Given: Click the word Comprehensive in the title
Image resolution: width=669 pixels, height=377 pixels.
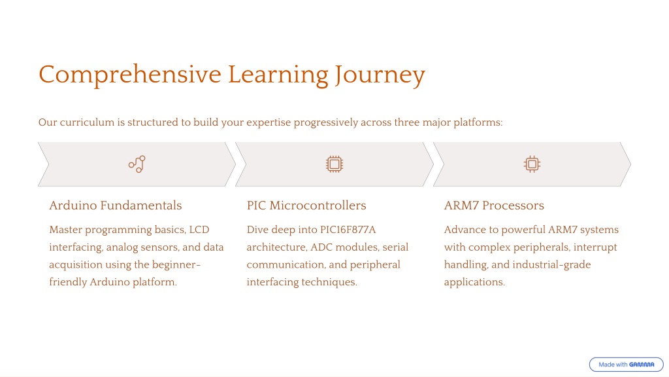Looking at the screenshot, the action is click(130, 75).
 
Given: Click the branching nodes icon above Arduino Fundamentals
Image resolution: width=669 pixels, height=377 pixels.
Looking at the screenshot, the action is click(137, 164).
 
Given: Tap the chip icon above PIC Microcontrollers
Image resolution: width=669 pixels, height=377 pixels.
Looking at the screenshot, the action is click(334, 164).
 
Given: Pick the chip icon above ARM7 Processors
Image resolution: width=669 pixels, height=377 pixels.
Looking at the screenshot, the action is click(532, 164).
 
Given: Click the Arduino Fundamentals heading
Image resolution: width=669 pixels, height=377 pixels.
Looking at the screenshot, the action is click(115, 206).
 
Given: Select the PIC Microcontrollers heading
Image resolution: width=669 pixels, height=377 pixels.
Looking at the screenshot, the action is click(306, 206).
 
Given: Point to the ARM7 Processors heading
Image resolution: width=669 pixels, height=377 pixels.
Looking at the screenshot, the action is click(494, 206).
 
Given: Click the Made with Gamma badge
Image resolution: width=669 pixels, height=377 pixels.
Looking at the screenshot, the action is click(627, 365).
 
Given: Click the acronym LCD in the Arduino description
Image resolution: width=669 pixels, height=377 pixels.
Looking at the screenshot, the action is click(199, 230).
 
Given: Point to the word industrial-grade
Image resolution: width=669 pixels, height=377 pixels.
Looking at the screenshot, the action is click(551, 265).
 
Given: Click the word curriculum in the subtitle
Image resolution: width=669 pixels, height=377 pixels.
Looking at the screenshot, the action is click(87, 122).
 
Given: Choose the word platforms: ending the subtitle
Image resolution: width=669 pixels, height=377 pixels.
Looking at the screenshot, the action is click(478, 122).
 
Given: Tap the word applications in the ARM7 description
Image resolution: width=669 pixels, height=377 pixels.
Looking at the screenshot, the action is click(474, 283).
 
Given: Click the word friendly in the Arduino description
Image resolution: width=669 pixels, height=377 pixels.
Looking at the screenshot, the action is click(68, 283).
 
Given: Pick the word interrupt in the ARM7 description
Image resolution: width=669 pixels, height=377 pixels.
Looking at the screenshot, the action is click(595, 247).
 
